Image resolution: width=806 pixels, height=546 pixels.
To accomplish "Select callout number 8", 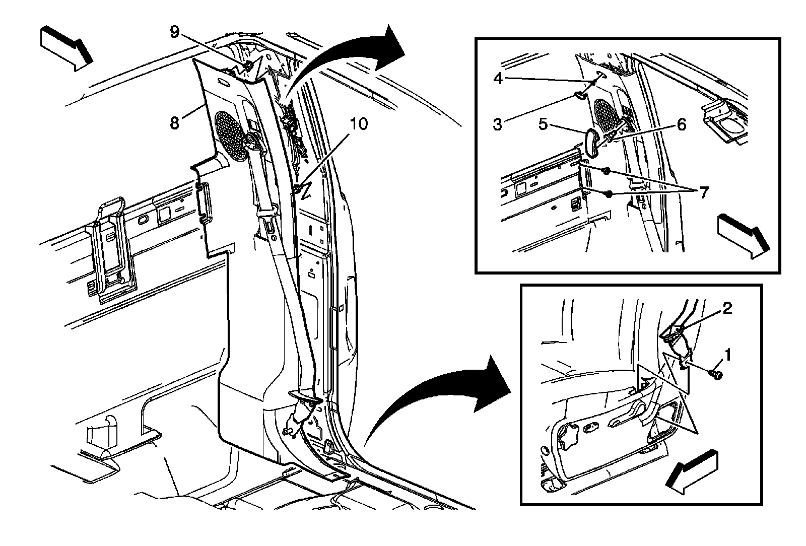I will [174, 123].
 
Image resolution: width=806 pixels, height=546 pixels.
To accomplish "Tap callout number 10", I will [360, 123].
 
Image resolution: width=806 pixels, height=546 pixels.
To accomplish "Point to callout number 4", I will [498, 79].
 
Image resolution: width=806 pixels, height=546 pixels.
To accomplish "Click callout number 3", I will [498, 123].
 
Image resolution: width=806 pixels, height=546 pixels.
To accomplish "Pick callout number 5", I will [543, 123].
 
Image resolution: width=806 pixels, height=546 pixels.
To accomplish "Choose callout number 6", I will [681, 123].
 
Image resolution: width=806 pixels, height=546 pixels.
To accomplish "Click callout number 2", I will [726, 309].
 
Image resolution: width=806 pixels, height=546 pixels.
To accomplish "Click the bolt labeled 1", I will [715, 374].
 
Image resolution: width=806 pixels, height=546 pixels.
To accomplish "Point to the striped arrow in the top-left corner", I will [65, 49].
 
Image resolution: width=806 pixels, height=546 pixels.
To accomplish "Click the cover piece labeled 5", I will [592, 142].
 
